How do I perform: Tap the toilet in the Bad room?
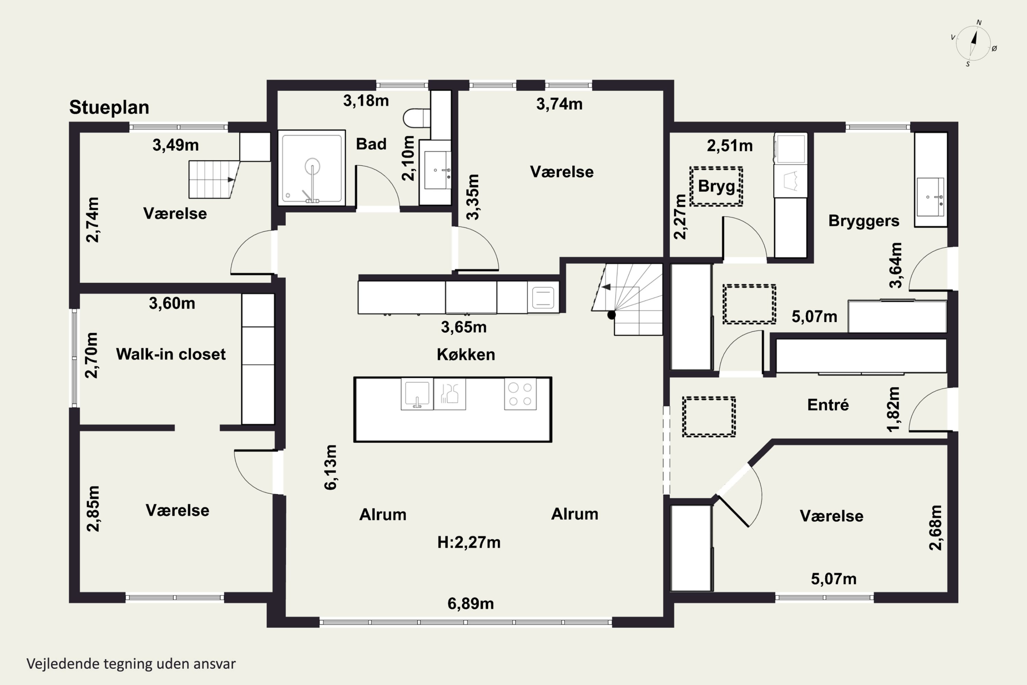coord(416,118)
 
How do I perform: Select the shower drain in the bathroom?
coord(312,166)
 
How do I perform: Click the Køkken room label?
coord(466,354)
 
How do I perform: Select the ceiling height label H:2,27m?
coord(469,542)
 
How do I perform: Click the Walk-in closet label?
coord(171,354)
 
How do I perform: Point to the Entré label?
coord(828,404)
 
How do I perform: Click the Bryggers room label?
coord(864,221)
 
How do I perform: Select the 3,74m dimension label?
coord(559,104)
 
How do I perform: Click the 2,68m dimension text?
coord(935,527)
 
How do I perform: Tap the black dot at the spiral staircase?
coord(611,314)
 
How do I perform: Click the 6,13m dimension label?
coord(331,467)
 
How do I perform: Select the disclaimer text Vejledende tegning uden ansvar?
coord(131,664)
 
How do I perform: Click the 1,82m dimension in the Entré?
coord(893,409)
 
